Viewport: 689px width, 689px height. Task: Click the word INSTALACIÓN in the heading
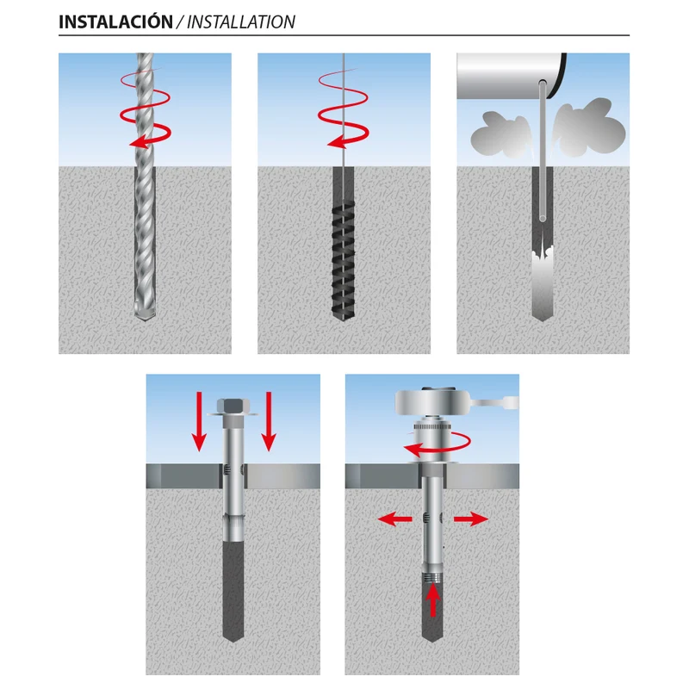[115, 22]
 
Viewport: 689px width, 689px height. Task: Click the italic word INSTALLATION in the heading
[241, 22]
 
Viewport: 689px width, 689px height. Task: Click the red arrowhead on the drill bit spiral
[136, 142]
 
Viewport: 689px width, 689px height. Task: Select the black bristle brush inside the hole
[343, 261]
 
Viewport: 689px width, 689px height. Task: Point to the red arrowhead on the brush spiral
[335, 142]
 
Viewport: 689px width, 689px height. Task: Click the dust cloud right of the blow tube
[588, 127]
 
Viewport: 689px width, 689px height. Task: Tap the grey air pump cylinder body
[510, 76]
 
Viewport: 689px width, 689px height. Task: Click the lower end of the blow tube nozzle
[543, 218]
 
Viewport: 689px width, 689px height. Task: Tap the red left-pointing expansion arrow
[395, 519]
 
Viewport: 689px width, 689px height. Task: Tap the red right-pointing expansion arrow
[470, 519]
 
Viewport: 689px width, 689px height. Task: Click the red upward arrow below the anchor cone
[433, 601]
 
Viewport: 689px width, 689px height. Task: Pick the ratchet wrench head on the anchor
[433, 401]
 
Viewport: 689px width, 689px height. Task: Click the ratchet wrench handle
[494, 402]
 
